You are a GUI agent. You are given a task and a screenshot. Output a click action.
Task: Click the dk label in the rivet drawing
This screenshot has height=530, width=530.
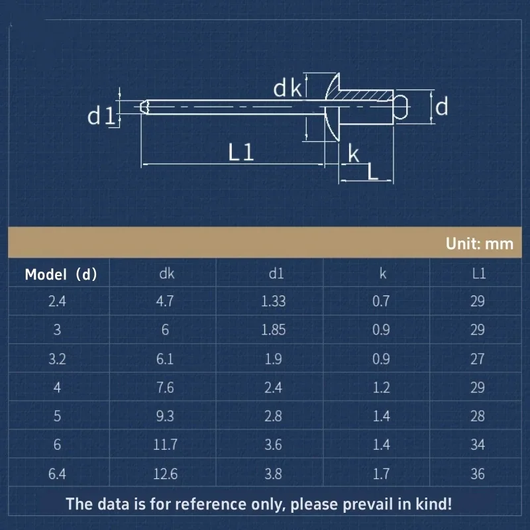287,89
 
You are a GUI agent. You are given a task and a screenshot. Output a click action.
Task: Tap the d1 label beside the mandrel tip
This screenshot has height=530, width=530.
101,115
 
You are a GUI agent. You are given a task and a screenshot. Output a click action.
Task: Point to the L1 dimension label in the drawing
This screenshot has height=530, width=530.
240,152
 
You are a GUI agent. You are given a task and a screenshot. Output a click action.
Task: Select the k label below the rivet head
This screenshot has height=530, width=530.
354,154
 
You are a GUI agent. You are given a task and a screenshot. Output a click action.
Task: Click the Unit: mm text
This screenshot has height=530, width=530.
479,243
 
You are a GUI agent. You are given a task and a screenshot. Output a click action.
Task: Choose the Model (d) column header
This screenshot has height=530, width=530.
61,274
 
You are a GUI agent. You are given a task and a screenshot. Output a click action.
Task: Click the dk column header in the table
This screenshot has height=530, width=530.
167,274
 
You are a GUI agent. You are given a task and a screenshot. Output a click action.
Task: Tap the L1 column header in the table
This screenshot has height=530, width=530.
479,274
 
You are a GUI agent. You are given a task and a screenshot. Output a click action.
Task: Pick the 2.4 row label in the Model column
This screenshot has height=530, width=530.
57,301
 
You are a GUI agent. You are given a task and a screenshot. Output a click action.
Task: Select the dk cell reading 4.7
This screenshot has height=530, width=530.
165,301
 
